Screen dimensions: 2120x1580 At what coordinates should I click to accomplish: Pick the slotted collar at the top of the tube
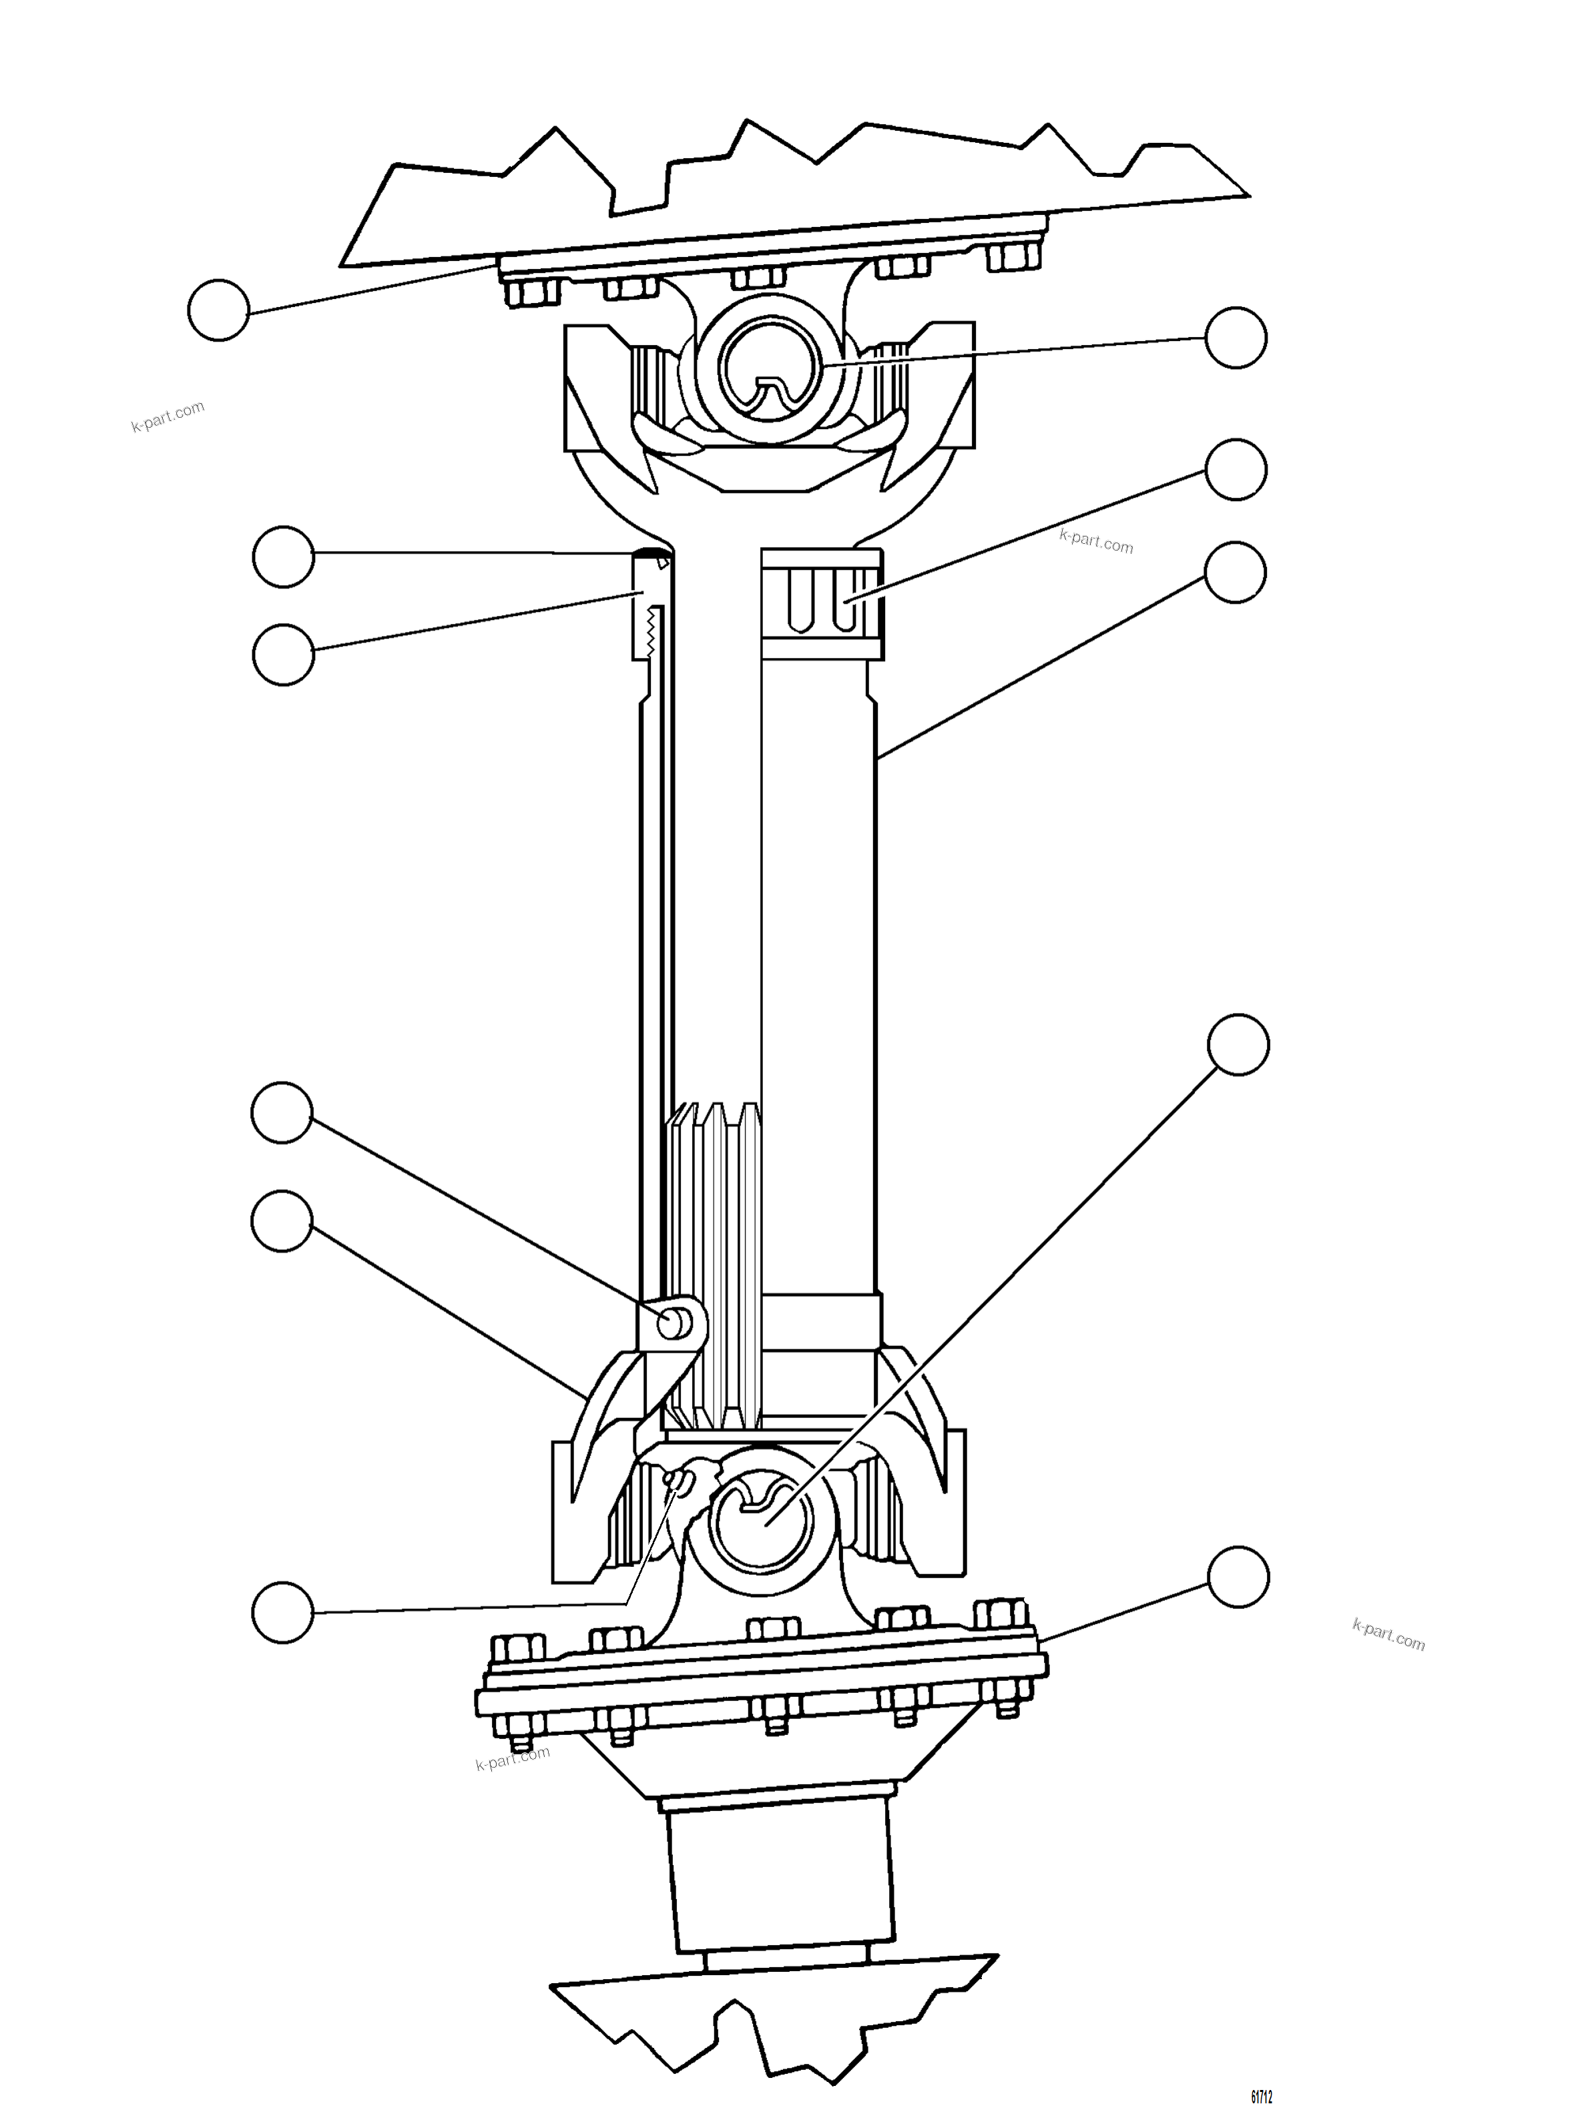click(x=820, y=603)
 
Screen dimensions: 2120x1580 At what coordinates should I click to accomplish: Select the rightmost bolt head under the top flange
click(x=1014, y=256)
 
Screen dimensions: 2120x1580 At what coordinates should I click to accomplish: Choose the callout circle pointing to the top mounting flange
click(x=219, y=310)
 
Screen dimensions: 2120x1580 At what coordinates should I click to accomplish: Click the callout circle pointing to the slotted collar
click(x=1237, y=470)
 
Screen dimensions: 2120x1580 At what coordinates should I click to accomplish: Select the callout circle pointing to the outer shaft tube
click(x=1236, y=573)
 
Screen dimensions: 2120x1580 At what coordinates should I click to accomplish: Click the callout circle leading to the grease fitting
click(x=283, y=1612)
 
